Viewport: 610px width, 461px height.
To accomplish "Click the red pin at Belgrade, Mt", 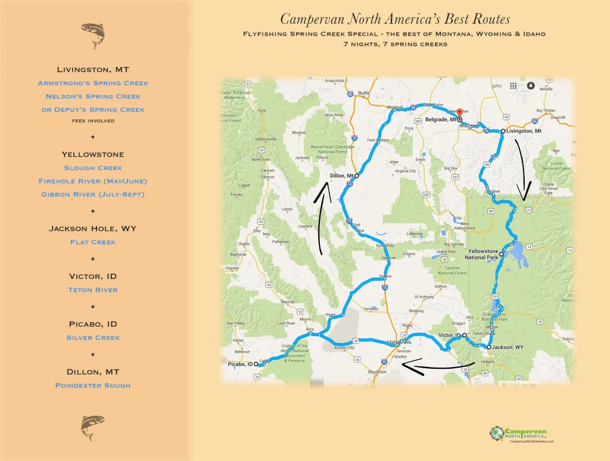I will (x=459, y=113).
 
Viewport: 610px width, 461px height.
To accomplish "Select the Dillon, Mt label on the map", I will (x=342, y=175).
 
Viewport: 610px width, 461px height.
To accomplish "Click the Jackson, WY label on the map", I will (x=508, y=347).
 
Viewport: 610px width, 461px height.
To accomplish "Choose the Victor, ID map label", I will (x=449, y=335).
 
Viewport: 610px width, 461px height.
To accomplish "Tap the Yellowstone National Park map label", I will (x=483, y=255).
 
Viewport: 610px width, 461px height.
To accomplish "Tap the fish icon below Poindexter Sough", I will (x=92, y=428).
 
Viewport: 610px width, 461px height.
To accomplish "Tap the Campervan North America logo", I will (x=521, y=434).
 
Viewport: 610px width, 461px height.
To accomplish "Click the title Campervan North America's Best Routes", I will (x=395, y=19).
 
